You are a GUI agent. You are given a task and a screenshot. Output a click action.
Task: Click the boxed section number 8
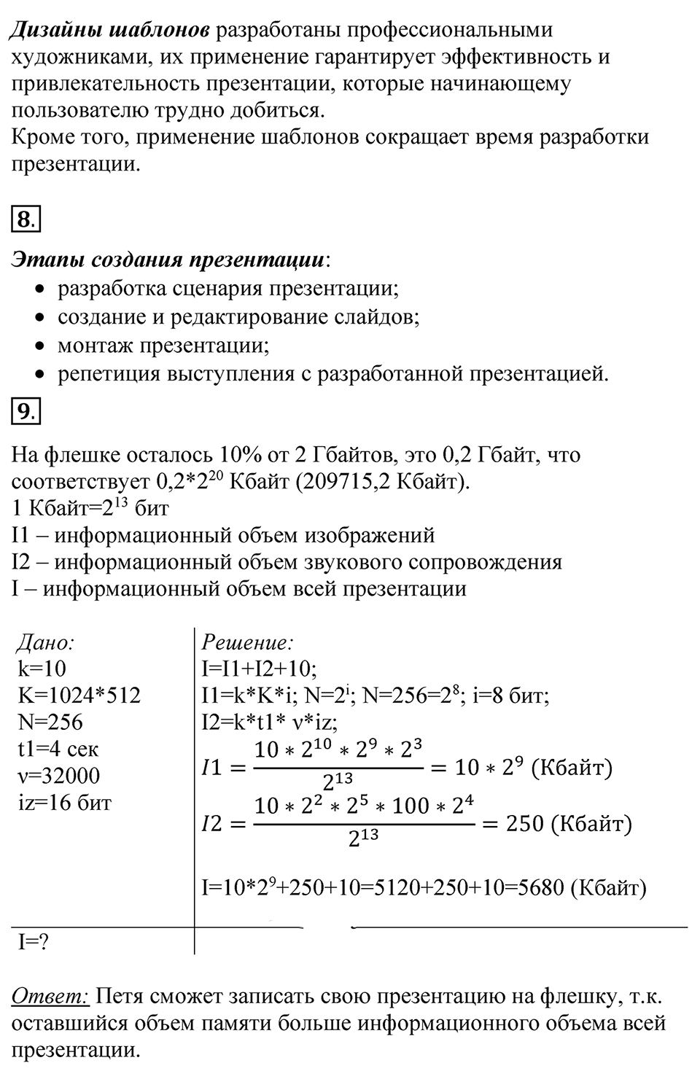click(26, 219)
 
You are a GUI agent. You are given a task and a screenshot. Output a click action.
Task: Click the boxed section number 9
click(26, 413)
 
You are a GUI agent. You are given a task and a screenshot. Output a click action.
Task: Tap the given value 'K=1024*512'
click(79, 695)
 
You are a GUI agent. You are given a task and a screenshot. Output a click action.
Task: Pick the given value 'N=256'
click(50, 722)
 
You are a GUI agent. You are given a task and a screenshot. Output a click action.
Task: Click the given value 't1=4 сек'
click(58, 749)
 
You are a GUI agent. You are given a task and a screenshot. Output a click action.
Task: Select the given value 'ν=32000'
click(59, 776)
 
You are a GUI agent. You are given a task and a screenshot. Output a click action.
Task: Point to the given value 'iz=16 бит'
click(64, 803)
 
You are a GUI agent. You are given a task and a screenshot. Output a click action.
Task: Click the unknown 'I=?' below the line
click(34, 942)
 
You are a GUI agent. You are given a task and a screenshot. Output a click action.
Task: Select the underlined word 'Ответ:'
click(50, 997)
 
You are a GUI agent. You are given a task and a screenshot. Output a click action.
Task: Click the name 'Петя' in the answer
click(124, 997)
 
